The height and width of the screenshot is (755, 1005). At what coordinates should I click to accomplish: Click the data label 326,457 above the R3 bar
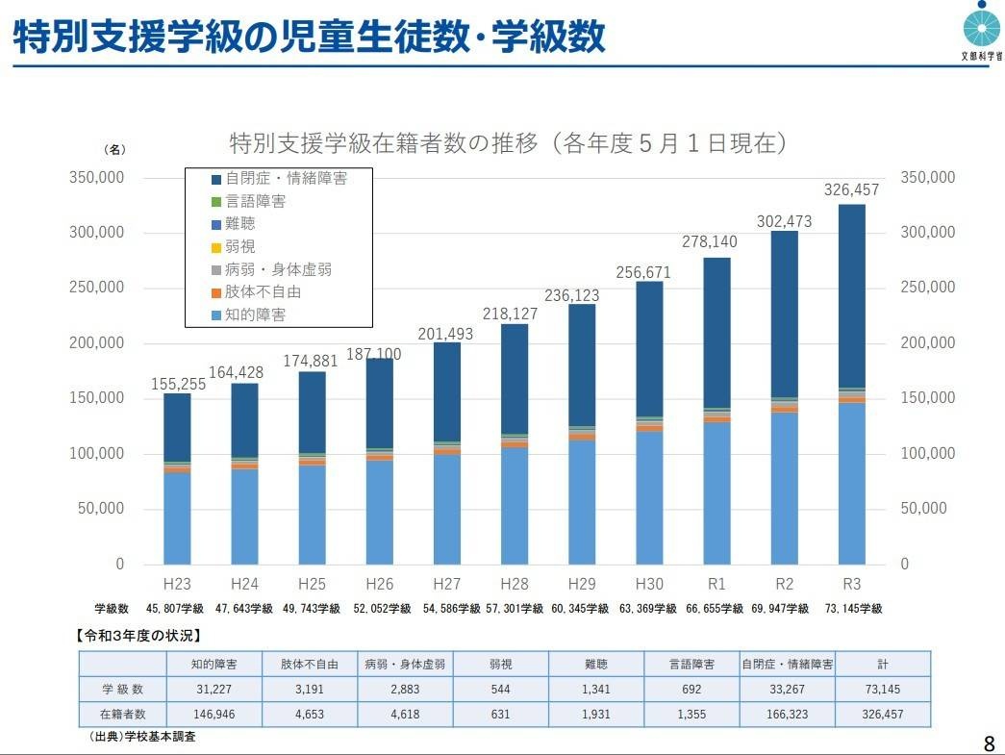pyautogui.click(x=851, y=191)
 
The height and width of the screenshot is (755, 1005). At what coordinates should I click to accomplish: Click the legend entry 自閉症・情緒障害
pyautogui.click(x=279, y=179)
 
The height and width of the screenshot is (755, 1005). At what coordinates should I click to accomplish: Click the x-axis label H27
pyautogui.click(x=447, y=584)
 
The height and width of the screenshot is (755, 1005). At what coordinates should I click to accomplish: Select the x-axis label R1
pyautogui.click(x=716, y=584)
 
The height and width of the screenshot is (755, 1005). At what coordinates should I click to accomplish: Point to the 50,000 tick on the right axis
pyautogui.click(x=924, y=509)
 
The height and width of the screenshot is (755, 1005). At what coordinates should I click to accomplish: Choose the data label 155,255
pyautogui.click(x=179, y=384)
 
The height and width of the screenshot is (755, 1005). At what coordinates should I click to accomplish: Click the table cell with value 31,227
pyautogui.click(x=214, y=690)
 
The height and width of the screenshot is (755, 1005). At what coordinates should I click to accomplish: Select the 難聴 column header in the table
pyautogui.click(x=595, y=665)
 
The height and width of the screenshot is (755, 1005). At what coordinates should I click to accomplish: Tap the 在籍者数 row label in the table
pyautogui.click(x=123, y=715)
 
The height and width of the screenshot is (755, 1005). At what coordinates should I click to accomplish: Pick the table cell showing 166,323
pyautogui.click(x=787, y=715)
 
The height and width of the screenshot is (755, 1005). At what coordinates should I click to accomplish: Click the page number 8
pyautogui.click(x=989, y=742)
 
